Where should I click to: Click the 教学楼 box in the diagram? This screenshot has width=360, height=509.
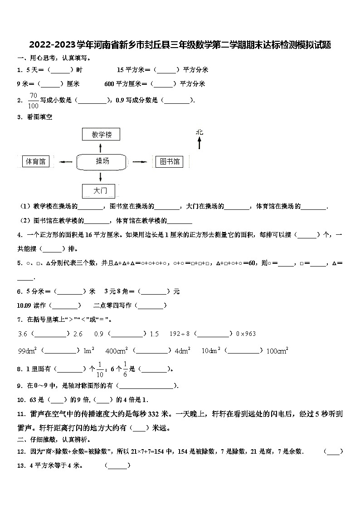coord(102,135)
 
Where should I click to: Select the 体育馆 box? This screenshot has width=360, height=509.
coord(36,161)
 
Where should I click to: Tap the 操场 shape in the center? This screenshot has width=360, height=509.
coord(102,161)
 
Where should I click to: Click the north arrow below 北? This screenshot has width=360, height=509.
coord(199,144)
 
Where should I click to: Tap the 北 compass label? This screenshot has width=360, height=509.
coord(199,132)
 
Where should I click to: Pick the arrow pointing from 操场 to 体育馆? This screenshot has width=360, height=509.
coord(66,162)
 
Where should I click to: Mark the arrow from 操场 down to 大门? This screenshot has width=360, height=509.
coord(101,177)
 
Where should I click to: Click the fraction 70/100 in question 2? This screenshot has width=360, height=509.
coord(33,101)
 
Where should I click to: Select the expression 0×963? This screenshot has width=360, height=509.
coord(246,334)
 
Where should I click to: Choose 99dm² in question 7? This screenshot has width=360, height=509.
coord(28,350)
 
